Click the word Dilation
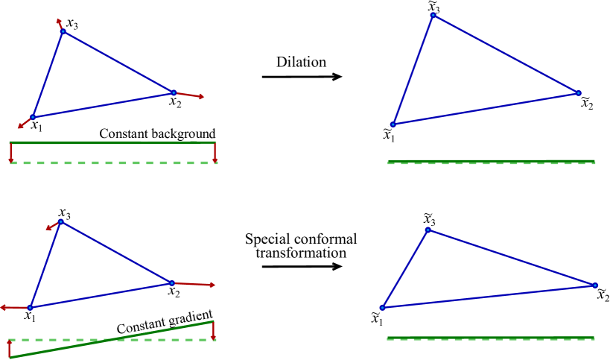299,63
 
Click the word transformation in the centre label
299,253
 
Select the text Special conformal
299,240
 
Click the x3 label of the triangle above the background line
72,24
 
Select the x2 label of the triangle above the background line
175,102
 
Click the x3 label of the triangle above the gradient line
65,212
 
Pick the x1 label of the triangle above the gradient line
30,317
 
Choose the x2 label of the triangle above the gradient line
174,292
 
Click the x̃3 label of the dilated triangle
433,7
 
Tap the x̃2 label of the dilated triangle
588,101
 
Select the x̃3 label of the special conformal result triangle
428,219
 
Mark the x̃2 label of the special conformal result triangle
603,294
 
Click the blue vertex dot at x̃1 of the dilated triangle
393,125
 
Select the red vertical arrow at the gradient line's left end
10,348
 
